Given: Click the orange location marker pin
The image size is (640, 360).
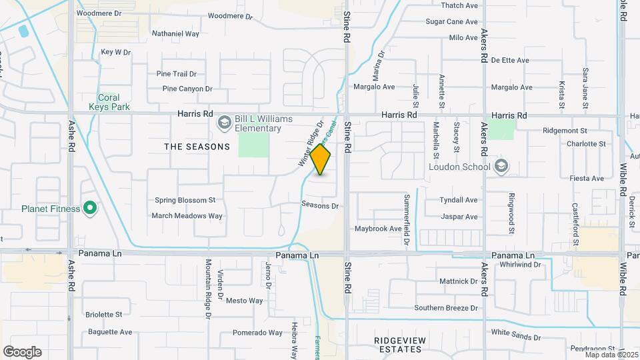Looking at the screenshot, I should [321, 159].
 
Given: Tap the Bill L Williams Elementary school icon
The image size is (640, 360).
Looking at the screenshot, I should [224, 122].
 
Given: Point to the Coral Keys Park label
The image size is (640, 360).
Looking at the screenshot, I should [109, 101].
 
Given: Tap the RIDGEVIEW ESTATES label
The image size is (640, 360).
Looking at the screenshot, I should [399, 345].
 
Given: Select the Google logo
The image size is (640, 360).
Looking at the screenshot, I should [22, 352].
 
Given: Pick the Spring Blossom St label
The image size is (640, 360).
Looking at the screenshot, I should [185, 199].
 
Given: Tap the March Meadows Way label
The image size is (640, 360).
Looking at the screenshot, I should [187, 215].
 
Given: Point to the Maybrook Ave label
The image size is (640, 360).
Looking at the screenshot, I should [378, 229].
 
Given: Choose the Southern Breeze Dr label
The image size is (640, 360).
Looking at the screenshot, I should [446, 308].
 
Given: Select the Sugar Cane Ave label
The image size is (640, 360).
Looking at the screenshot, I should [452, 21].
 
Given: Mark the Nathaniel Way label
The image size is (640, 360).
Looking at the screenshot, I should [176, 33].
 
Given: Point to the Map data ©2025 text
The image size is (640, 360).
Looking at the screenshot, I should [609, 355].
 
